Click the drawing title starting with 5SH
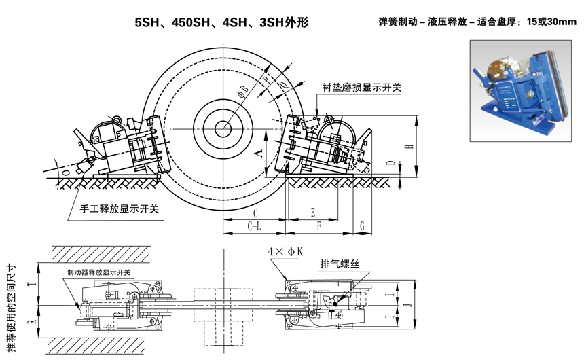tap(222, 22)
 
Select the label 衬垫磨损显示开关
tap(362, 88)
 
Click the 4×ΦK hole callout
tap(284, 251)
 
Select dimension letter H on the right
tap(408, 147)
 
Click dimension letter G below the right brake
tap(363, 225)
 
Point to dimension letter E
tap(312, 212)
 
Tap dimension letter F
tap(318, 225)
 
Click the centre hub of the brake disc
tap(222, 127)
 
